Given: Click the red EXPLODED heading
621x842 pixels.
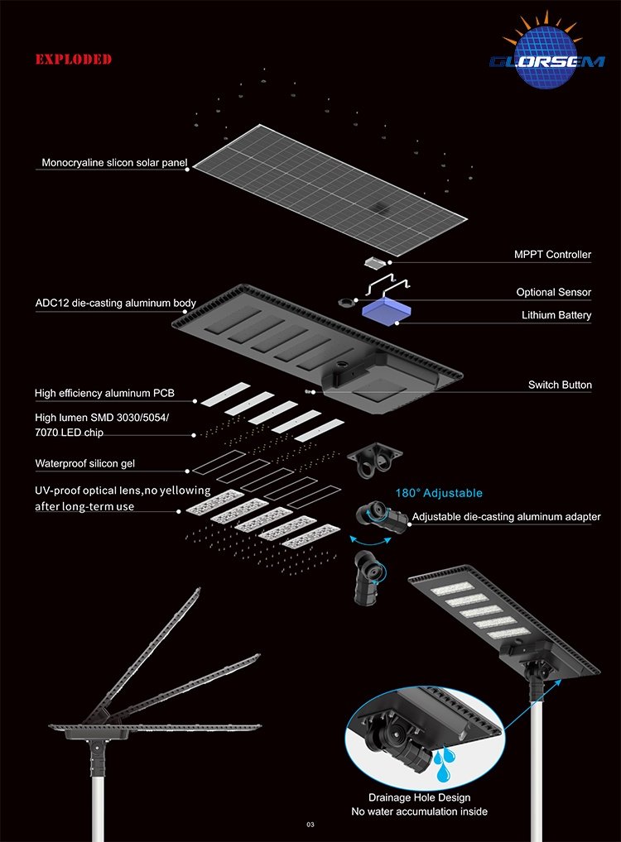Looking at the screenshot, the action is coord(74,59).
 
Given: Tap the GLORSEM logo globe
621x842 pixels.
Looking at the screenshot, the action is coord(546,56).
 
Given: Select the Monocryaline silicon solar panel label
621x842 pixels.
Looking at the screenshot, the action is coord(114,163).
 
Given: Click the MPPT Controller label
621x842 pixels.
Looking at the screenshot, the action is coord(552,255).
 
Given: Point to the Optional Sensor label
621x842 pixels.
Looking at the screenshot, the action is coord(553,292).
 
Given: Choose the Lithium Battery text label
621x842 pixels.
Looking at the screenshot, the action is coord(556,315).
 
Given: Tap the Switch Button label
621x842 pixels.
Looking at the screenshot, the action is coord(560,385).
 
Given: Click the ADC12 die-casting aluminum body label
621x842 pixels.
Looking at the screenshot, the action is coord(116,304).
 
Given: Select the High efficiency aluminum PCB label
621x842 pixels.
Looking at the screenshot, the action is coord(104,393).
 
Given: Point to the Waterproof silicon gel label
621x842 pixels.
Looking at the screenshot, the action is coord(85,463).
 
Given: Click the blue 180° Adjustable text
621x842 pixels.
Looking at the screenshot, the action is coord(439,493).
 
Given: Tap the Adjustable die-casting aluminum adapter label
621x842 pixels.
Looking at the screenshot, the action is coord(506,517).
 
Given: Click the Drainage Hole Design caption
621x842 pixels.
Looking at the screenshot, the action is coord(419,797).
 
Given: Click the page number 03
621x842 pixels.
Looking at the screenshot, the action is coord(310,825).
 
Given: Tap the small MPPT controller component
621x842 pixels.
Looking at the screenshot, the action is coord(373,262).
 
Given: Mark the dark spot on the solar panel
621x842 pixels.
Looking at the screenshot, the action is coord(382,208).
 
